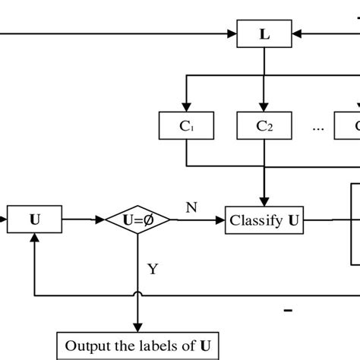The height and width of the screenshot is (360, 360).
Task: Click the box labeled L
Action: click(264, 34)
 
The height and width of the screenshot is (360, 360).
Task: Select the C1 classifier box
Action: click(186, 126)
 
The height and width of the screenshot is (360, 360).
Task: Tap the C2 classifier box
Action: click(264, 126)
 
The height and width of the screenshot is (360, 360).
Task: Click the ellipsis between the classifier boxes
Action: click(317, 127)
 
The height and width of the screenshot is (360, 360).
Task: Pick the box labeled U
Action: click(35, 220)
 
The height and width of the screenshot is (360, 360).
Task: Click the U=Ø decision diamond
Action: click(137, 220)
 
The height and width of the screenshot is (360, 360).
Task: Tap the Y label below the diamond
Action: click(152, 267)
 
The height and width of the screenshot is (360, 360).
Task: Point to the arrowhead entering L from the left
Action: click(233, 34)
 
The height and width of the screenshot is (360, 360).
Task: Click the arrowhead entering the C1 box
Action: click(186, 107)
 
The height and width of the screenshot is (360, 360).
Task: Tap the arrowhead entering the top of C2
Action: click(264, 107)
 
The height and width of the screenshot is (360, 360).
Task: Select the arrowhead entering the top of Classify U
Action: click(264, 201)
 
